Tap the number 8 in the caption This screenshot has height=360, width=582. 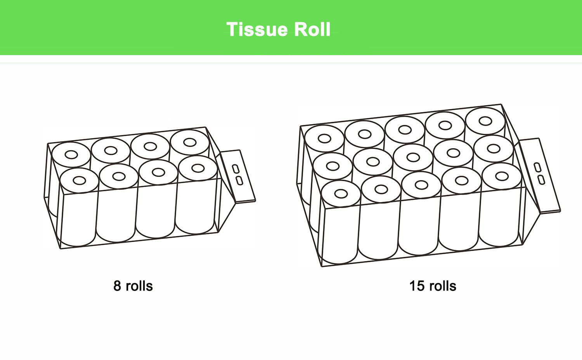coord(117,286)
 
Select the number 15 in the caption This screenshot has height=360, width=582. coord(417,286)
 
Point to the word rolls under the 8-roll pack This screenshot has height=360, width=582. coord(139,286)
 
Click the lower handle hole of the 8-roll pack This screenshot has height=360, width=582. coord(239,180)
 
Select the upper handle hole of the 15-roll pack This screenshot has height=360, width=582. coord(537,167)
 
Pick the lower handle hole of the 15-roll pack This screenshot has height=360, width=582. coord(541,180)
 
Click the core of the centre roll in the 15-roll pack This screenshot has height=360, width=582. coord(413,157)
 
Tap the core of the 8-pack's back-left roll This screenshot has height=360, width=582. coord(71,155)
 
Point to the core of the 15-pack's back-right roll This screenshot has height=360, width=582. coord(485,121)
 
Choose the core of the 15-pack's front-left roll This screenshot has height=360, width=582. coord(341,194)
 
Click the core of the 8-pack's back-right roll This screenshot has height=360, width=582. coord(190,142)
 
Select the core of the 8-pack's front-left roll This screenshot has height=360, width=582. coord(80,180)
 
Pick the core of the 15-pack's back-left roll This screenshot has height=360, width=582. coord(324,138)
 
